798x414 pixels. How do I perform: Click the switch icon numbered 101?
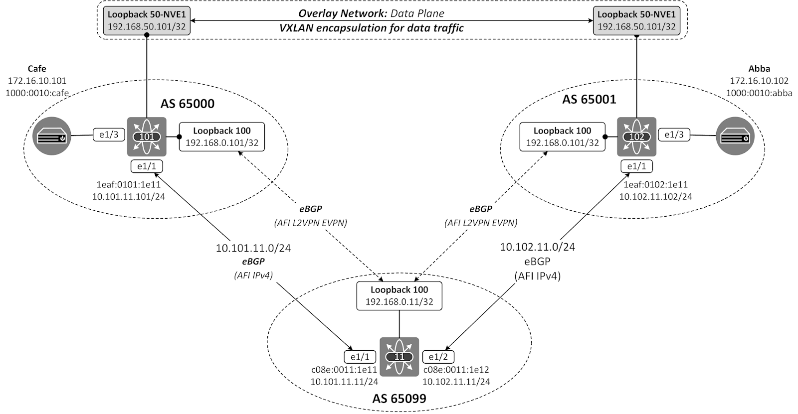pyautogui.click(x=147, y=137)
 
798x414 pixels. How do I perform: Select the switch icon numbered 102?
pyautogui.click(x=637, y=137)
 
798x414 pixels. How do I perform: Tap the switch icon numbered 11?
pyautogui.click(x=399, y=357)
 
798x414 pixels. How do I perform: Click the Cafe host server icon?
pyautogui.click(x=52, y=137)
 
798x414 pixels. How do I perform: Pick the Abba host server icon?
pyautogui.click(x=735, y=137)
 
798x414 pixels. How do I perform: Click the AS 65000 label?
pyautogui.click(x=188, y=104)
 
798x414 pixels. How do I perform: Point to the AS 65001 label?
pyautogui.click(x=589, y=99)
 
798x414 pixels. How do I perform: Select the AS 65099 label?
pyautogui.click(x=399, y=398)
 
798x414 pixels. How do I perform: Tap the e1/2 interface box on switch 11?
pyautogui.click(x=438, y=357)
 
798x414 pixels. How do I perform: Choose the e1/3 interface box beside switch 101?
pyautogui.click(x=108, y=135)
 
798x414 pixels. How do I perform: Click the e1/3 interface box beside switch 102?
pyautogui.click(x=674, y=135)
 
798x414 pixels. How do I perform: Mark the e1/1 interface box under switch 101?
pyautogui.click(x=146, y=166)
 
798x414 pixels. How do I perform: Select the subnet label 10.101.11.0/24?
pyautogui.click(x=253, y=248)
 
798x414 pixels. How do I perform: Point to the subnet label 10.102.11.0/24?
pyautogui.click(x=538, y=247)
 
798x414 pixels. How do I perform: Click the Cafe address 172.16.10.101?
pyautogui.click(x=37, y=80)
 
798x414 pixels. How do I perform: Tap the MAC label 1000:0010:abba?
pyautogui.click(x=759, y=93)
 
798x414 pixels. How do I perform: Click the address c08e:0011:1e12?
pyautogui.click(x=456, y=370)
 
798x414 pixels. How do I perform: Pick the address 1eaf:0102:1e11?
pyautogui.click(x=655, y=185)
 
